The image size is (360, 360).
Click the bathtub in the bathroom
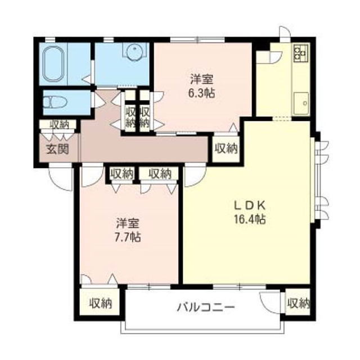click(53, 64)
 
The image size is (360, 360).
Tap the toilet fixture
click(55, 102)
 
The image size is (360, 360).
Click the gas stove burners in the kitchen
click(301, 53)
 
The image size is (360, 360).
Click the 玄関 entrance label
click(58, 149)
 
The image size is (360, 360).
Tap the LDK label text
click(250, 205)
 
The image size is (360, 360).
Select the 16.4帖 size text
click(250, 219)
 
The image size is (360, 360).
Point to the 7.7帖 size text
click(128, 237)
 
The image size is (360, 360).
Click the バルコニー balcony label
click(206, 307)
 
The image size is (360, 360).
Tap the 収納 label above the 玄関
click(60, 125)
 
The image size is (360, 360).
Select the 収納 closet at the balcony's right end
click(298, 304)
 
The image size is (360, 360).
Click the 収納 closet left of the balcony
click(100, 304)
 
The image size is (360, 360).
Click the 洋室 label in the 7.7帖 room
click(128, 223)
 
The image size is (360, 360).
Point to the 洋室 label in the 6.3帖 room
click(202, 80)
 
